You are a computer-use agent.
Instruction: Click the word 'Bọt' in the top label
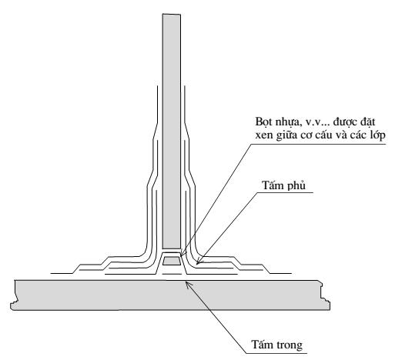263,122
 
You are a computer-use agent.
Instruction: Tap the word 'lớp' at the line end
378,135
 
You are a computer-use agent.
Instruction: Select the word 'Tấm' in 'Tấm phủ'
273,185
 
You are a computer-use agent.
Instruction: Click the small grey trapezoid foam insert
171,261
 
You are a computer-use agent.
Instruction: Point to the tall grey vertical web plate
171,132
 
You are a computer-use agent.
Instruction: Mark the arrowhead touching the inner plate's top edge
188,284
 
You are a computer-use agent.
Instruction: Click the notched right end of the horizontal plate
326,295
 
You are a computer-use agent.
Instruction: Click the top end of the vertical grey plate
172,14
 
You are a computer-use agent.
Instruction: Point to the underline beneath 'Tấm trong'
276,354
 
